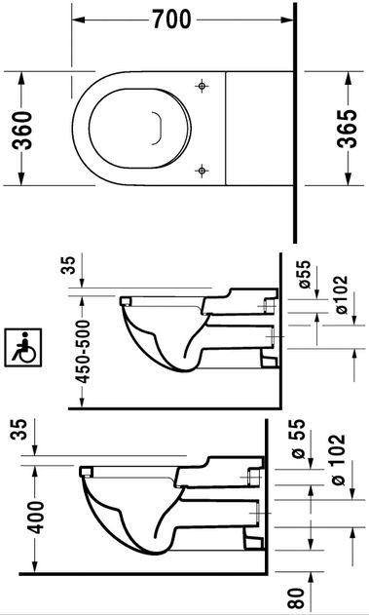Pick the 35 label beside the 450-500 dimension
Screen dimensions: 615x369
coord(70,265)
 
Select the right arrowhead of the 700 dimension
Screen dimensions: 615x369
coord(287,19)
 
